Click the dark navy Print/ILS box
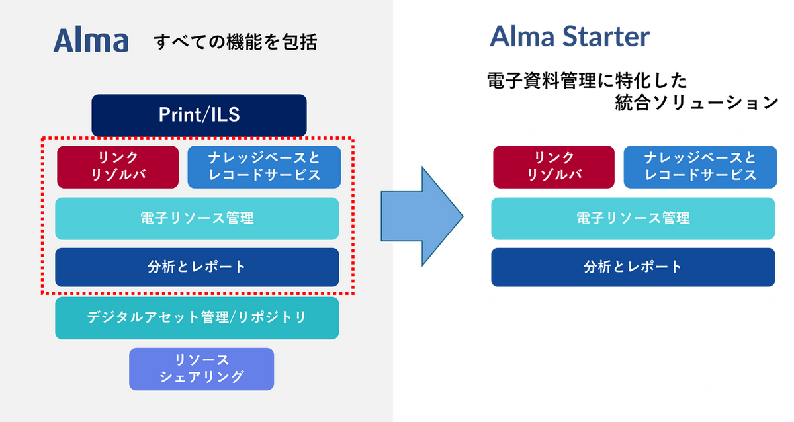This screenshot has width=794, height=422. coord(199,115)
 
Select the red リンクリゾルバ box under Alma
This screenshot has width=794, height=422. coord(118,167)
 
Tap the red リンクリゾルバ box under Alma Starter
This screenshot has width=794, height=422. coord(554,167)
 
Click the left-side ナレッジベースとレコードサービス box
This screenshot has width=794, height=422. coord(264,167)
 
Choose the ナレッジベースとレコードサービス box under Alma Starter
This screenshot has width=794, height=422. coord(700,167)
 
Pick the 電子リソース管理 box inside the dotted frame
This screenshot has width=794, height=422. coord(197,219)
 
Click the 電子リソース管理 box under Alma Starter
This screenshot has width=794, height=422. coord(633,219)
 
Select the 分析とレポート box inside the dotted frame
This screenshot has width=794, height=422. coord(197,267)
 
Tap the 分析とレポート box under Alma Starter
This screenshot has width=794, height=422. coord(633,267)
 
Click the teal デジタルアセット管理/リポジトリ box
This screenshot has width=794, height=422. coord(197,318)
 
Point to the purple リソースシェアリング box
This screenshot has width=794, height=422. coord(201,369)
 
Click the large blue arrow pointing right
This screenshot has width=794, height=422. coord(422,216)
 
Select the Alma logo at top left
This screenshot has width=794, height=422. coord(91,40)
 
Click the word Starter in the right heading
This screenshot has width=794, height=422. coord(606,36)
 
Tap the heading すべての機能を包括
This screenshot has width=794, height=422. coord(236,42)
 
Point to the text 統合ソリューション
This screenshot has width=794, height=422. coord(697,103)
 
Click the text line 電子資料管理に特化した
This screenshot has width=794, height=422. coord(588,81)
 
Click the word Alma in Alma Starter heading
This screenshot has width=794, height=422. coord(522,36)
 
